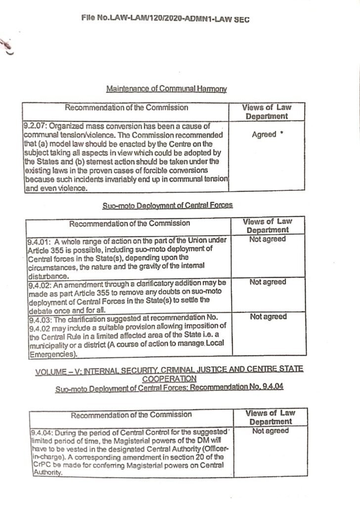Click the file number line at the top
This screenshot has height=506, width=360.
tap(166, 19)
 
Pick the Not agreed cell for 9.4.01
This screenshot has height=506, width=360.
tap(268, 239)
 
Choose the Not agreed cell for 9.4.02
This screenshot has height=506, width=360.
tap(268, 282)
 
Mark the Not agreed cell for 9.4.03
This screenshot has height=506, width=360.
tap(268, 317)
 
